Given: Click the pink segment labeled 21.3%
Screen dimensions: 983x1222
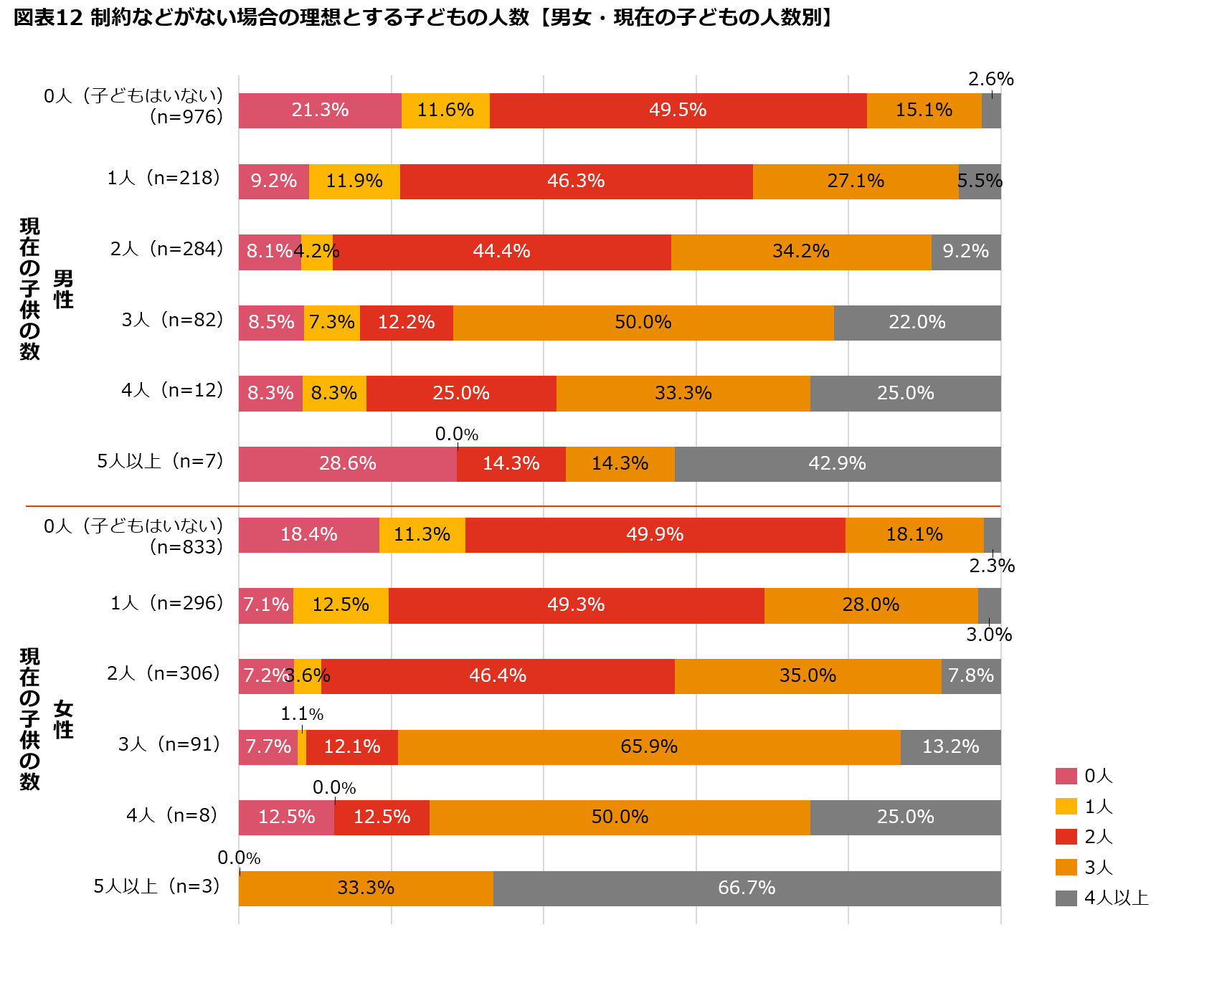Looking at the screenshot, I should point(320,110).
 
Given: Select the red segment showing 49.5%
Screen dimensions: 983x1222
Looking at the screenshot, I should point(678,110).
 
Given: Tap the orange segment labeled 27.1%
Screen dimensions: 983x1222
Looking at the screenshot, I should point(856,181).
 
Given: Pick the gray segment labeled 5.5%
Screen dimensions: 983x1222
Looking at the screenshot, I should point(980,181).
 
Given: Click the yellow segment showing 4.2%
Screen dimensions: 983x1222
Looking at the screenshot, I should point(317,252).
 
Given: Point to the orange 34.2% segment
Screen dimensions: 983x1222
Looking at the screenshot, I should point(801,252).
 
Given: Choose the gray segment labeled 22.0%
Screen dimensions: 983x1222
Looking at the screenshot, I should point(917,323).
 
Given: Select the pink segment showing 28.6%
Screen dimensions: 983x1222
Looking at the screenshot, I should point(348,464).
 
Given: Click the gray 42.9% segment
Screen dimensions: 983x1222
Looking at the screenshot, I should point(838,464).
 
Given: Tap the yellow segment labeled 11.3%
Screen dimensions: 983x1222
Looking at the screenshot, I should point(422,535).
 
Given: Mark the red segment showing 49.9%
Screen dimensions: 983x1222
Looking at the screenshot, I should point(655,535).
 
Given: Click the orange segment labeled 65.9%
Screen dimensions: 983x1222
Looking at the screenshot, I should point(649,747).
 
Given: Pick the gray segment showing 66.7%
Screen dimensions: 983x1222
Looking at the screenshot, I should point(747,888).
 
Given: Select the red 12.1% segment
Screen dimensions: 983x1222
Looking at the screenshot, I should point(352,747).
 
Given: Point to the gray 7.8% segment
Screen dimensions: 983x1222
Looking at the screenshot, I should point(971,676).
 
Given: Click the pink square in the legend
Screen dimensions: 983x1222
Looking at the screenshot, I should point(1066,776).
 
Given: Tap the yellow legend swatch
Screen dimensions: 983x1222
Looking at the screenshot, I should point(1066,807).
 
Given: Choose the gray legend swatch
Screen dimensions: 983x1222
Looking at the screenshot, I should point(1066,898).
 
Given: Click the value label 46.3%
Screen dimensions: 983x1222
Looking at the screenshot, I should point(576,181).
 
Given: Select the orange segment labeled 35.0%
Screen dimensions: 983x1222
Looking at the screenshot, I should point(807,676).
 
